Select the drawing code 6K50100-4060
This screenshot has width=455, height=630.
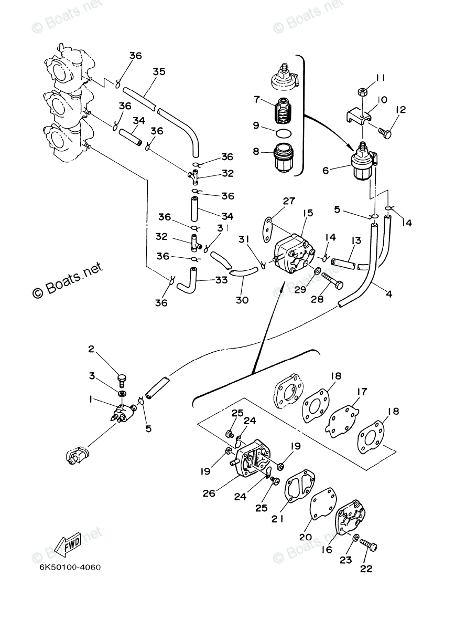pyautogui.click(x=68, y=568)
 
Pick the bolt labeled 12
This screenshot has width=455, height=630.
pyautogui.click(x=387, y=134)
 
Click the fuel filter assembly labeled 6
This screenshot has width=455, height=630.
pyautogui.click(x=362, y=164)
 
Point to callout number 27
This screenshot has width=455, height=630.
pyautogui.click(x=289, y=201)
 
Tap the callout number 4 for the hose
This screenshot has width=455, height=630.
pyautogui.click(x=389, y=295)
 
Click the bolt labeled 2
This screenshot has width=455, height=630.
pyautogui.click(x=122, y=377)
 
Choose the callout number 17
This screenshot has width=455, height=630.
pyautogui.click(x=362, y=392)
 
